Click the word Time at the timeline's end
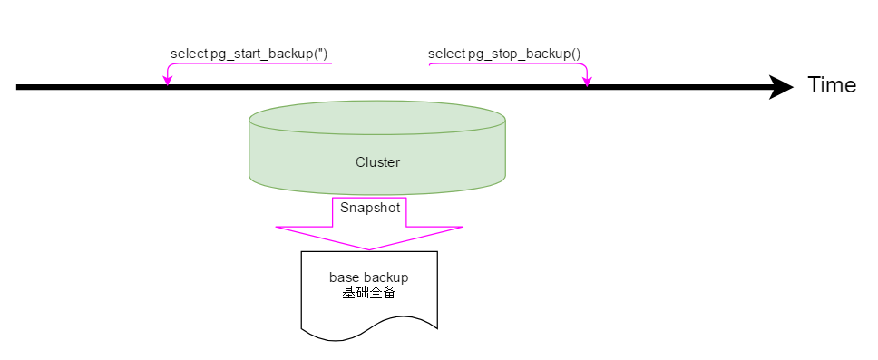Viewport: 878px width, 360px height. [x=832, y=85]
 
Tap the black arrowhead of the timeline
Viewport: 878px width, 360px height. [x=781, y=87]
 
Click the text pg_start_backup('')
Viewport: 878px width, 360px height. [x=269, y=54]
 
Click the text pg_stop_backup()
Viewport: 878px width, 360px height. [x=524, y=54]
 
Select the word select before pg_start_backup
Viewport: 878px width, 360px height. [x=189, y=54]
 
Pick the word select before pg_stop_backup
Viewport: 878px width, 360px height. [x=446, y=54]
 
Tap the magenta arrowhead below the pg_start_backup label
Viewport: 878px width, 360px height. [x=167, y=81]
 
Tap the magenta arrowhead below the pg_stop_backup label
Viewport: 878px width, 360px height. [x=587, y=81]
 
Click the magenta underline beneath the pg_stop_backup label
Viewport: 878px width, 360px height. [x=508, y=63]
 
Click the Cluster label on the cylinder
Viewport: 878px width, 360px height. [x=377, y=162]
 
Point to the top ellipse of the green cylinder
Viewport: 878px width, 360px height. [x=377, y=118]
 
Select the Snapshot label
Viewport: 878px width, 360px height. [x=370, y=207]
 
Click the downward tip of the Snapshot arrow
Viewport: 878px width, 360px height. [x=369, y=249]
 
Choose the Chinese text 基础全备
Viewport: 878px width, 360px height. [x=369, y=293]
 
